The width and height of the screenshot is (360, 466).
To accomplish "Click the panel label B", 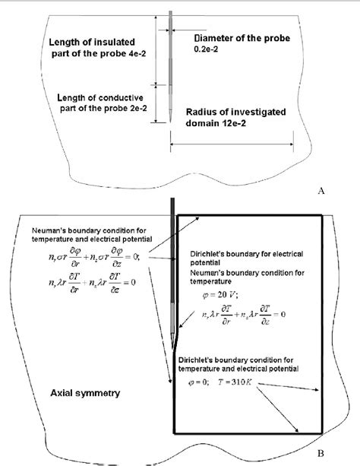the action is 321,454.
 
